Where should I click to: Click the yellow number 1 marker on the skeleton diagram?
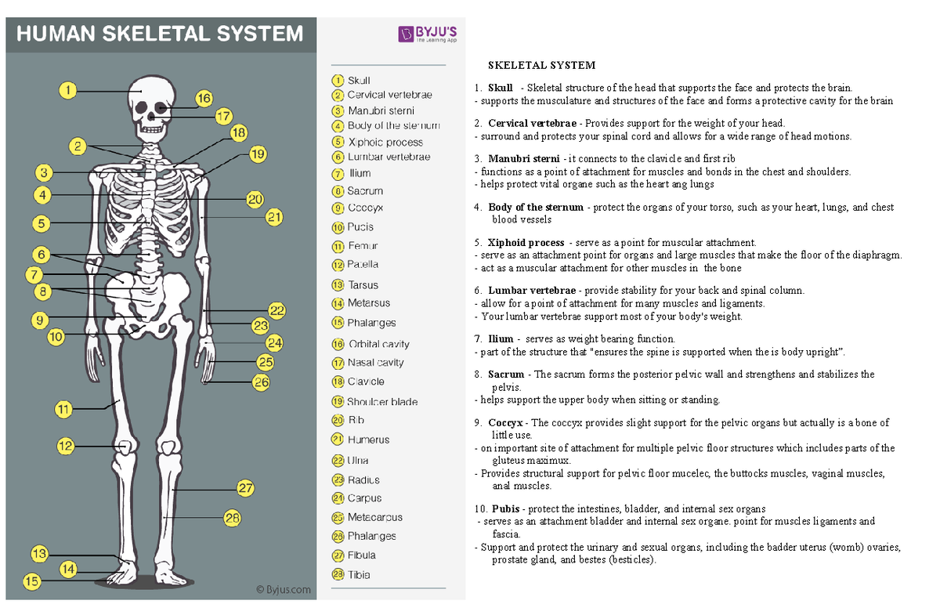[70, 91]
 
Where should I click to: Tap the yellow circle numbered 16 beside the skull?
[204, 99]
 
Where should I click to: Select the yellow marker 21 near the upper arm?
[273, 218]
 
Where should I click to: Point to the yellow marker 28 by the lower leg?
[231, 518]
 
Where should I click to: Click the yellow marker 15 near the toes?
[31, 581]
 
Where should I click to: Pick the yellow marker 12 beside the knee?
[67, 446]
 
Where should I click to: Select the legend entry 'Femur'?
[363, 246]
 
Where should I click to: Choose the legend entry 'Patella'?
[363, 265]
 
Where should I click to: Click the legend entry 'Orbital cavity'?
[378, 344]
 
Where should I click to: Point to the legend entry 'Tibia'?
[359, 574]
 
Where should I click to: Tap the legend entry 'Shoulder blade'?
[382, 402]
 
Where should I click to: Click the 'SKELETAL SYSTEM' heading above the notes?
[541, 65]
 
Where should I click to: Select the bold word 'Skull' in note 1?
[500, 88]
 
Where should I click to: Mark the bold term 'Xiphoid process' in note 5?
[525, 243]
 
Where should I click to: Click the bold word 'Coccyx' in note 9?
[504, 422]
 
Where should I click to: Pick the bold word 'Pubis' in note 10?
[505, 508]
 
